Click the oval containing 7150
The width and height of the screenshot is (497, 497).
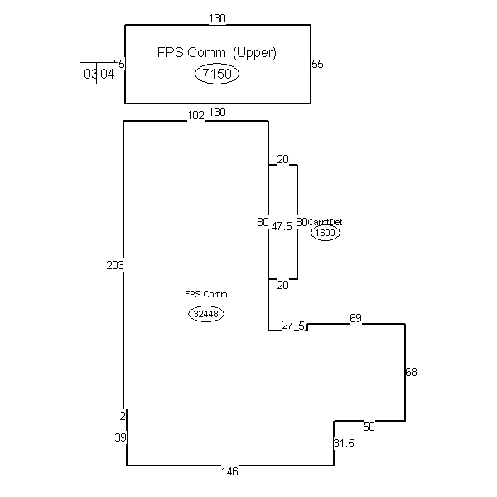pos(217,75)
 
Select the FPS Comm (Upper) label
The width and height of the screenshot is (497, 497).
pos(217,52)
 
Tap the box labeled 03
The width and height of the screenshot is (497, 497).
pos(89,74)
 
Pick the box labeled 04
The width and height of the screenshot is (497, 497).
pos(108,74)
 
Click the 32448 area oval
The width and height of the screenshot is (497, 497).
pos(206,314)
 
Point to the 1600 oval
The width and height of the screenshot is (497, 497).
pos(326,234)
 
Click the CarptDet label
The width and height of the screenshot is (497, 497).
pos(326,222)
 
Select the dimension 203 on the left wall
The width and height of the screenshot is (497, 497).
pos(115,265)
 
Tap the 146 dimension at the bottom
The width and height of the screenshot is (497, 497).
pos(229,471)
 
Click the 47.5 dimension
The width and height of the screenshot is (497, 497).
pos(282,226)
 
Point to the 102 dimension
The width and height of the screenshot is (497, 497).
pos(195,116)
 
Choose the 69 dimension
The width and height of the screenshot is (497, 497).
pos(355,318)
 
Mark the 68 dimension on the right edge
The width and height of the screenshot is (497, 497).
pos(411,373)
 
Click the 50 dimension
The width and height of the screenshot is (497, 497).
pos(369,427)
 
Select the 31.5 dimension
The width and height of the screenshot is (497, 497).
pos(344,444)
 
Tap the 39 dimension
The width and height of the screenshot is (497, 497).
pos(119,437)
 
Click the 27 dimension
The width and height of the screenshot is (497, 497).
pos(287,326)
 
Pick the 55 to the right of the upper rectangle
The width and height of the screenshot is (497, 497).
pos(317,64)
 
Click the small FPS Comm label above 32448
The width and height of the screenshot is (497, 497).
pos(206,294)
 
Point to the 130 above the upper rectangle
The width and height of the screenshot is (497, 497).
pos(218,17)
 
